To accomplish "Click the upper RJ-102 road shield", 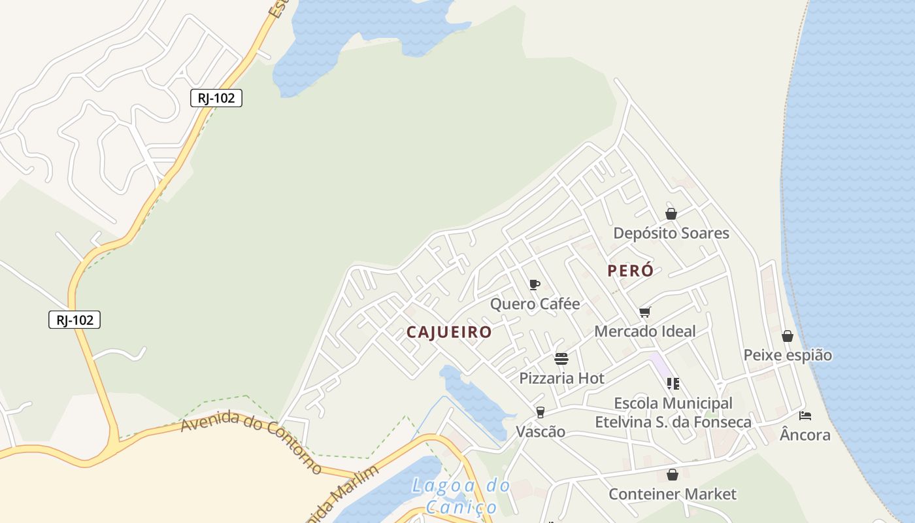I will [216, 98].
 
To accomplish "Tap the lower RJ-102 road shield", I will [75, 320].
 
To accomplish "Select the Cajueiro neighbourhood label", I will [449, 332].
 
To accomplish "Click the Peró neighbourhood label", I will [630, 271].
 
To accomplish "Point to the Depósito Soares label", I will [671, 233].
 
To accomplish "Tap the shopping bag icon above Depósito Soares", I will [671, 214].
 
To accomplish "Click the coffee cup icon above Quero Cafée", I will [534, 284].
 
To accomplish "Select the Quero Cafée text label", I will [535, 304].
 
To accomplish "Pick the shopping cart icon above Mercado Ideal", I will [645, 312].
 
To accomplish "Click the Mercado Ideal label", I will [644, 331].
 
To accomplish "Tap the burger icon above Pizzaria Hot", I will [561, 358].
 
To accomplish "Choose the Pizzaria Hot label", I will [561, 378].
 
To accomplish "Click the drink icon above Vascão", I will [540, 412].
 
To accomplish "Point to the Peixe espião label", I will [788, 355].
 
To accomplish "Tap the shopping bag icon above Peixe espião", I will [788, 336].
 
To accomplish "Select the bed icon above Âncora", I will [805, 415].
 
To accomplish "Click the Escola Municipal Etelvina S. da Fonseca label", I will [673, 413].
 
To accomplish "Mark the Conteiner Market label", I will [672, 494].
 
